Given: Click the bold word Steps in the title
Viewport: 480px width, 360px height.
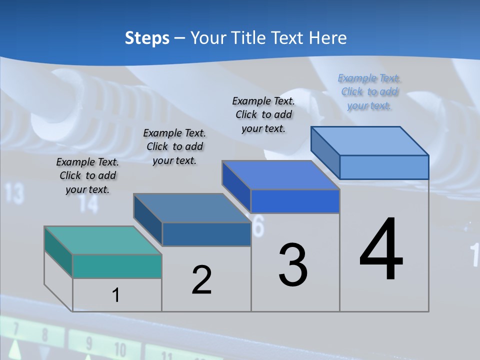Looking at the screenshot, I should pos(147,38).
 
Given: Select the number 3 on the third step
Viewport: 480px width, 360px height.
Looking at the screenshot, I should pos(293,265).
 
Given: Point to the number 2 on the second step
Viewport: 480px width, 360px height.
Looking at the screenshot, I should pos(201,280).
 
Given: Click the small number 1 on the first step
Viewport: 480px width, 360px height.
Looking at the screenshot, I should pos(115,295).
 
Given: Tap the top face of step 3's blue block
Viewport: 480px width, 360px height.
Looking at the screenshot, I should pos(280,175).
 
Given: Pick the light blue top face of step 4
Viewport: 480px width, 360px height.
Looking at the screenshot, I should pos(370,141).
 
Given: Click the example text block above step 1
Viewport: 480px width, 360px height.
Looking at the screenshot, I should pos(87,176).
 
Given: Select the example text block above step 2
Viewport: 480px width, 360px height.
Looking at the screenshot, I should pos(174,146).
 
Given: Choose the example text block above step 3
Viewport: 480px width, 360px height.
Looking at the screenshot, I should pos(263,114).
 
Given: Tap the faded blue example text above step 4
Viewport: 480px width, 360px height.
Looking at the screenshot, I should pos(369,92).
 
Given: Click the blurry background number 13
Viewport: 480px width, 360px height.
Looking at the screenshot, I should pos(14,193).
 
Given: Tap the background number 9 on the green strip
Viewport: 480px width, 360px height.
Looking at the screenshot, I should pos(89,344).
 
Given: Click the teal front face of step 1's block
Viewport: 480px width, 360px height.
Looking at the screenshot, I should pos(117,266).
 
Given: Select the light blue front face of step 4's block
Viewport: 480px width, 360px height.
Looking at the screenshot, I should pos(384,167).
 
